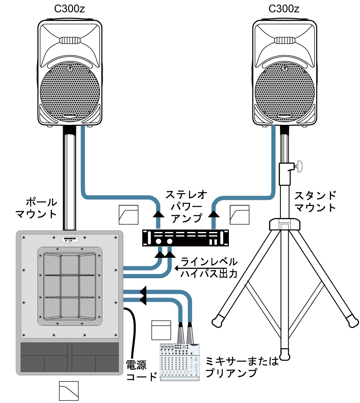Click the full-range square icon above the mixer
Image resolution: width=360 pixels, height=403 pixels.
161,330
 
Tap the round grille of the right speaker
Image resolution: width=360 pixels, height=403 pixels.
284,91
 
